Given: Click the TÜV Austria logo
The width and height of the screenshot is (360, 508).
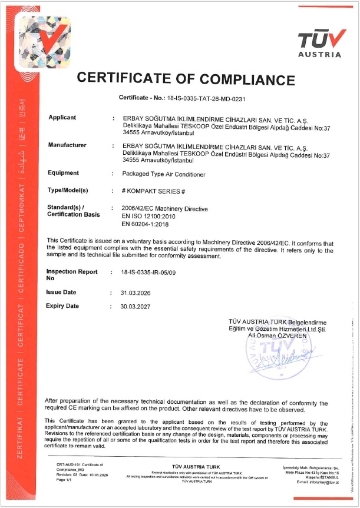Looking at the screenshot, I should pyautogui.click(x=319, y=43).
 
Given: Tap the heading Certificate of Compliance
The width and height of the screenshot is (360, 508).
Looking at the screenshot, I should pyautogui.click(x=186, y=79).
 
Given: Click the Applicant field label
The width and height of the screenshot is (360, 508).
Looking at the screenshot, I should pyautogui.click(x=62, y=118).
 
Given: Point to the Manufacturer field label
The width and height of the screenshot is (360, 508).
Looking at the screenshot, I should pyautogui.click(x=67, y=145).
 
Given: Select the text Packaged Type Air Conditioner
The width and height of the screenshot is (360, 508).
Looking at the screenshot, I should pyautogui.click(x=163, y=174).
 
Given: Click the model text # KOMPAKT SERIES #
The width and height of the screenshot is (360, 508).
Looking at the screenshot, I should pyautogui.click(x=153, y=191).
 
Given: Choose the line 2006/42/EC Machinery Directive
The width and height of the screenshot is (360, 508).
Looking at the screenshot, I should pyautogui.click(x=164, y=208).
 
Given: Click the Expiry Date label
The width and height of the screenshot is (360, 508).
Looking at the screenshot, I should pyautogui.click(x=62, y=306).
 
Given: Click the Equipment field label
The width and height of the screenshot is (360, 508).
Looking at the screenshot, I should pyautogui.click(x=63, y=173).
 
